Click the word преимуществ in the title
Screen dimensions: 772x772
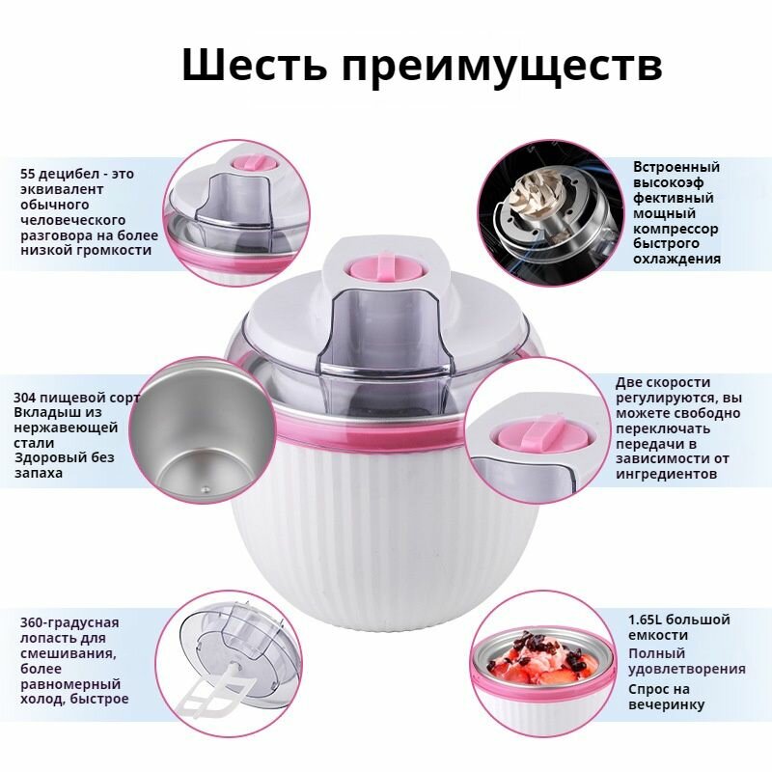coord(502,69)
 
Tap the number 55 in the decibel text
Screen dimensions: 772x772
coord(29,175)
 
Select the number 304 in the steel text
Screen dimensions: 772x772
coord(27,399)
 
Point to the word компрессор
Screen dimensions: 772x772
coord(675,229)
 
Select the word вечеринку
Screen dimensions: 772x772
coord(666,704)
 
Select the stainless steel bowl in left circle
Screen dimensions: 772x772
coord(193,425)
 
